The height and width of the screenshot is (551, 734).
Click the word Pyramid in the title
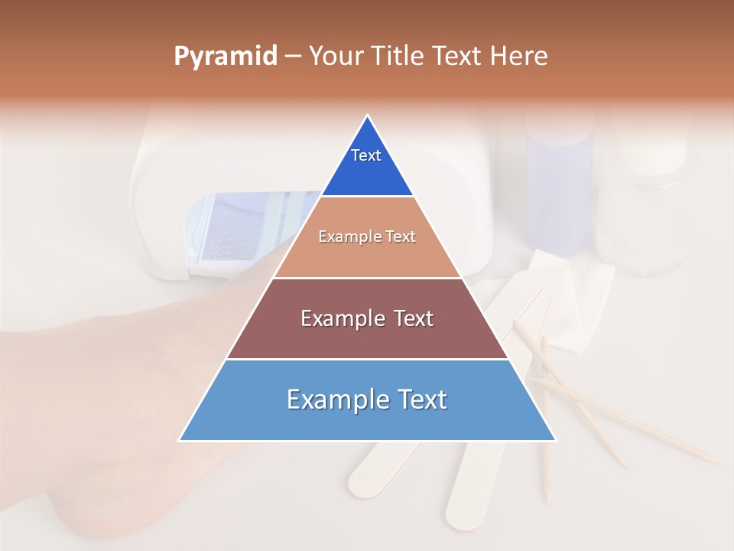[226, 57]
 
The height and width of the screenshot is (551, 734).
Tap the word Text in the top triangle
[366, 155]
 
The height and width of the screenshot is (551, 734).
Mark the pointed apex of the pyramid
[368, 117]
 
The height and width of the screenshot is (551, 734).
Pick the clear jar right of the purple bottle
[642, 207]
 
